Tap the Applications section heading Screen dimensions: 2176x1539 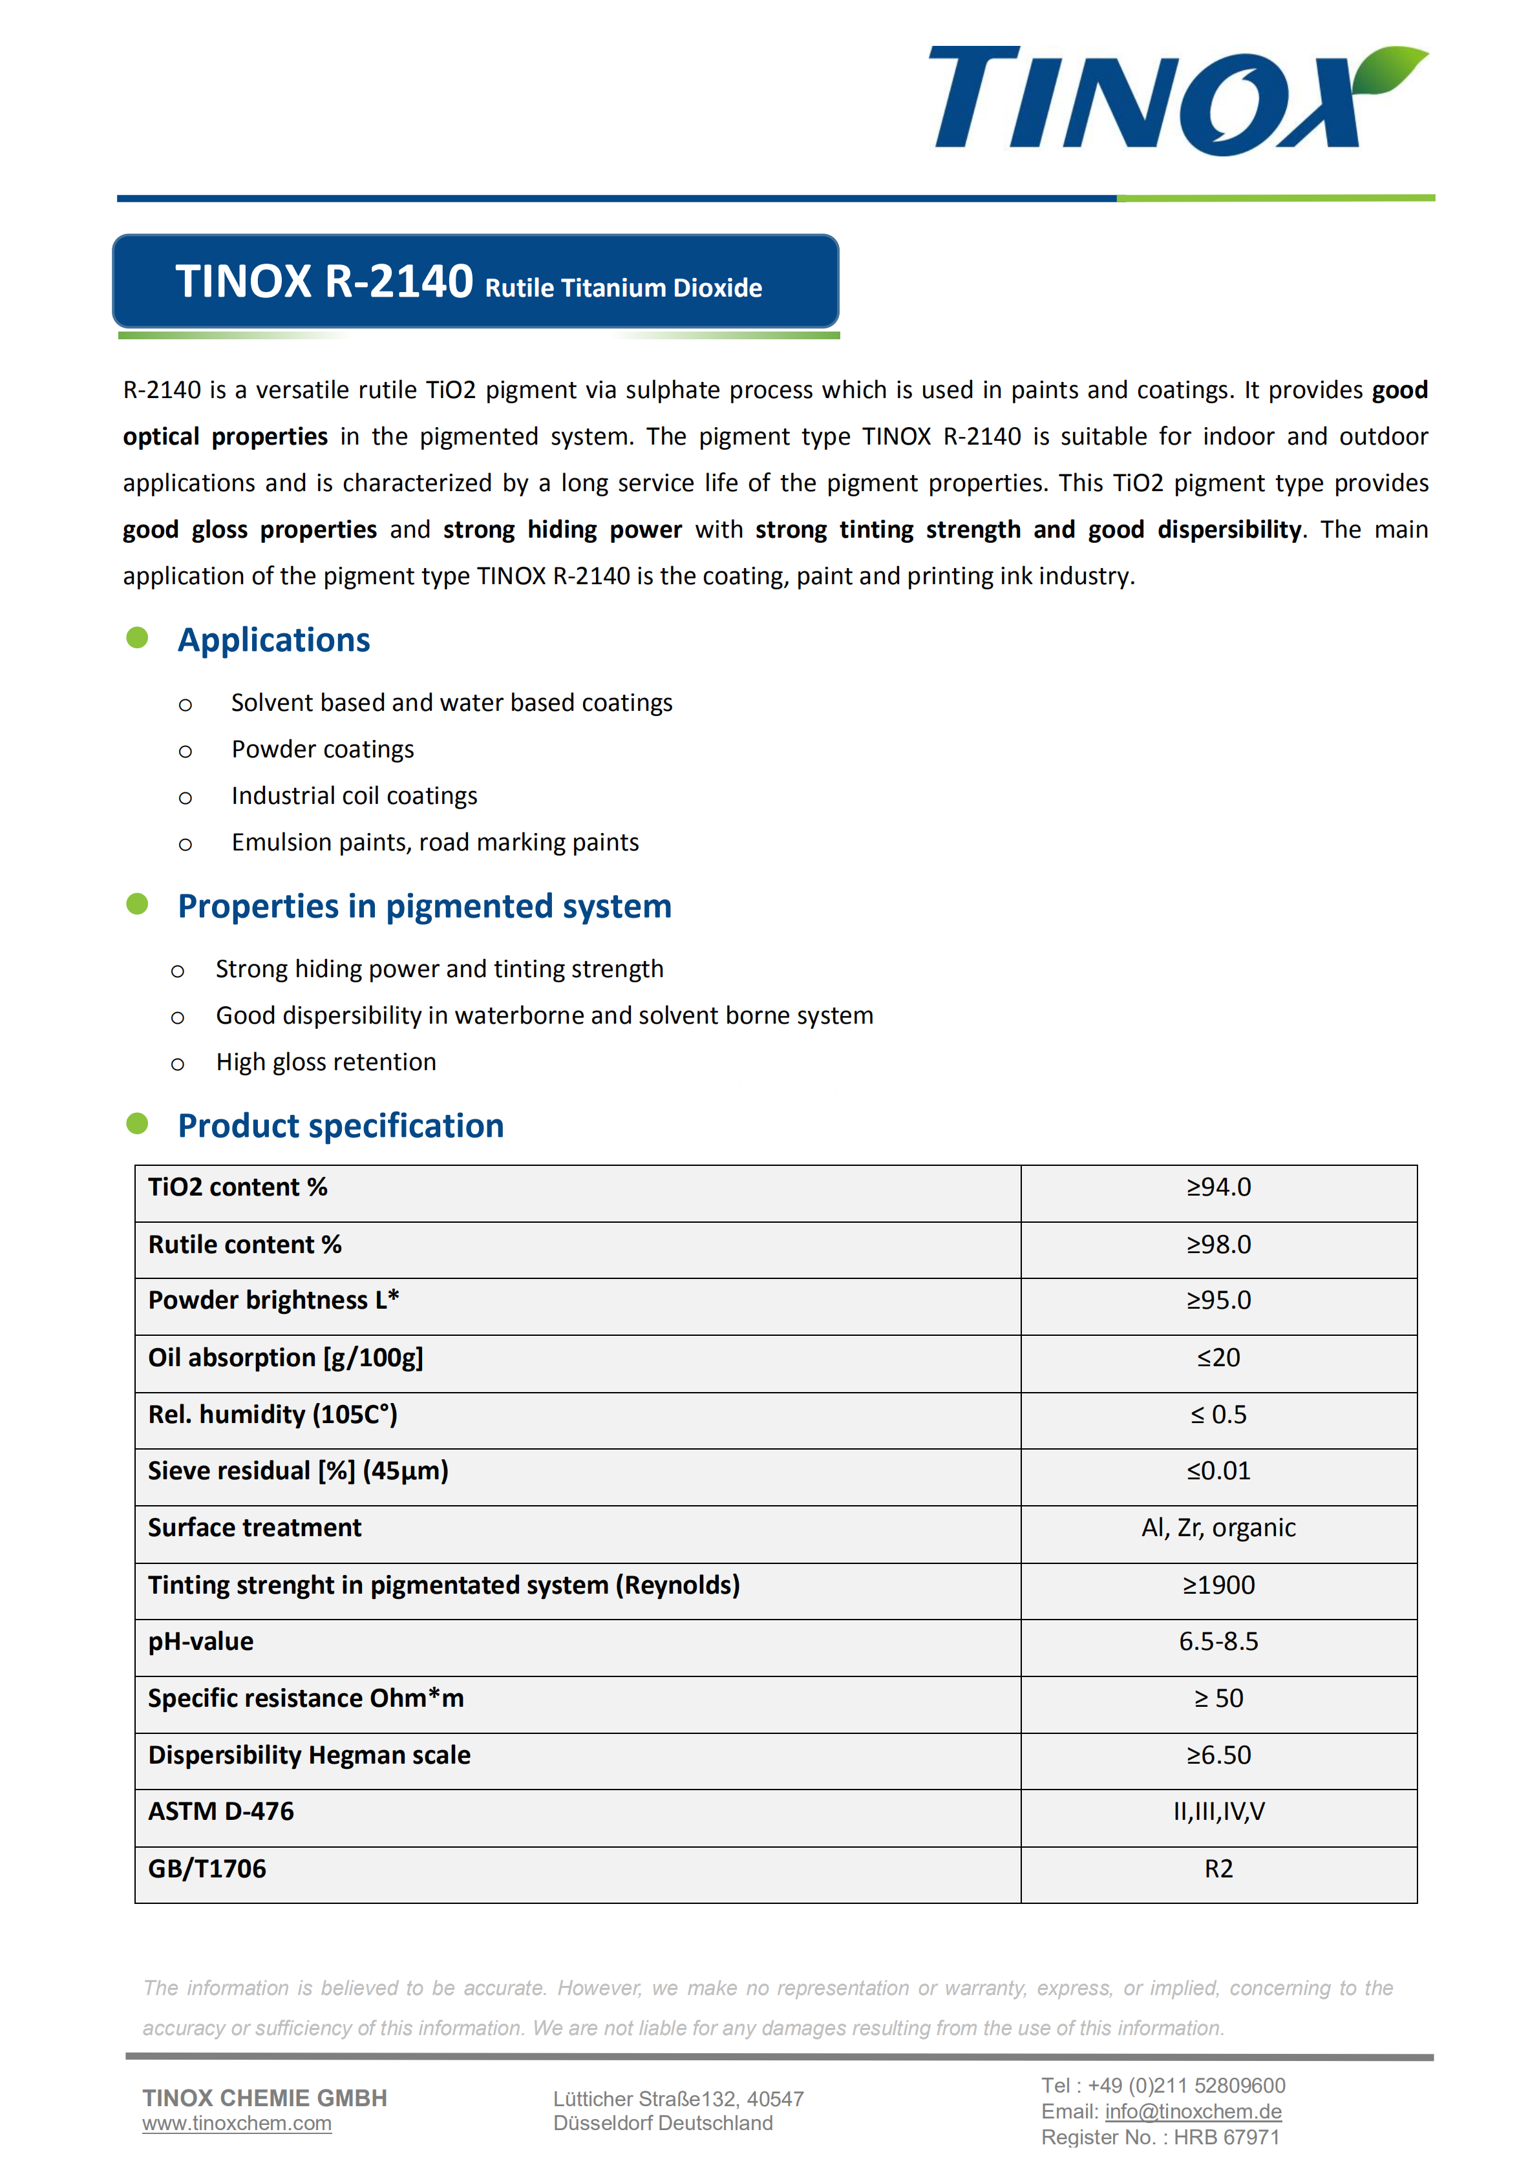pos(274,640)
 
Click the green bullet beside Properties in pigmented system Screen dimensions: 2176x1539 pos(138,904)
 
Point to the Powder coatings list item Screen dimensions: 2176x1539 pos(322,750)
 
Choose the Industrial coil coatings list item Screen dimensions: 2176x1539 pos(354,796)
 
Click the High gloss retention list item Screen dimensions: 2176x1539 pos(326,1062)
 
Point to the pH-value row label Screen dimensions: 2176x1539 pos(201,1642)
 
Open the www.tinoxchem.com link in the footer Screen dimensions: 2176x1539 pos(237,2124)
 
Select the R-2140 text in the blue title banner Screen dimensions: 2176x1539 pos(398,282)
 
